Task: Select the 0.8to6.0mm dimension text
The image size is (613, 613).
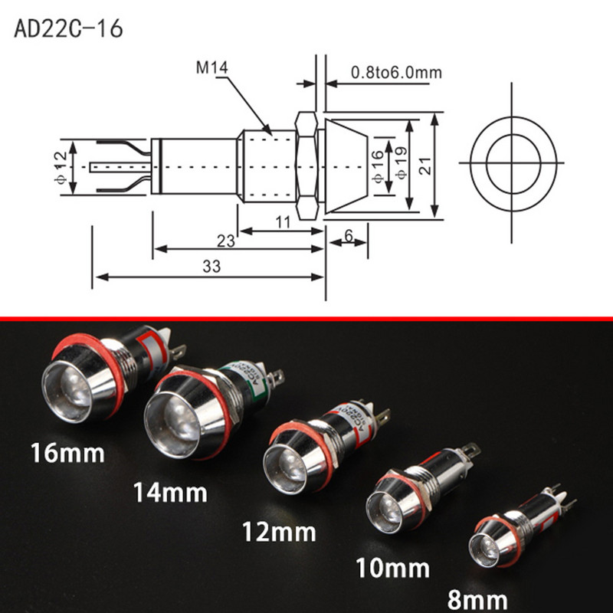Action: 396,73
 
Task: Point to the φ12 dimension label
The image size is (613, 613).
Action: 73,167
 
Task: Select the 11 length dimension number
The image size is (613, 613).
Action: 282,222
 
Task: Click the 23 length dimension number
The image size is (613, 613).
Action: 225,241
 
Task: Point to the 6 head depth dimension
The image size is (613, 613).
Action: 349,237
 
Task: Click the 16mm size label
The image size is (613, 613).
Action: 67,453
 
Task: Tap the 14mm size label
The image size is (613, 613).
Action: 170,491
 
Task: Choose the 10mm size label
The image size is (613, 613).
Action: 393,568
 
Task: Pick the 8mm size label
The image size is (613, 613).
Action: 479,598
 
